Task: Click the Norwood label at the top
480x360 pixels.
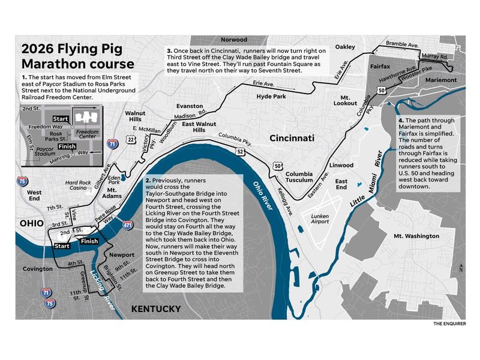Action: click(x=234, y=40)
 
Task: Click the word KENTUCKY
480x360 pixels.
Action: click(x=156, y=309)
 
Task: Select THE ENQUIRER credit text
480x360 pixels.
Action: click(x=449, y=324)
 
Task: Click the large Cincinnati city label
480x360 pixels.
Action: click(x=292, y=137)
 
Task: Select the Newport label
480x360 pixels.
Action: click(x=122, y=254)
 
